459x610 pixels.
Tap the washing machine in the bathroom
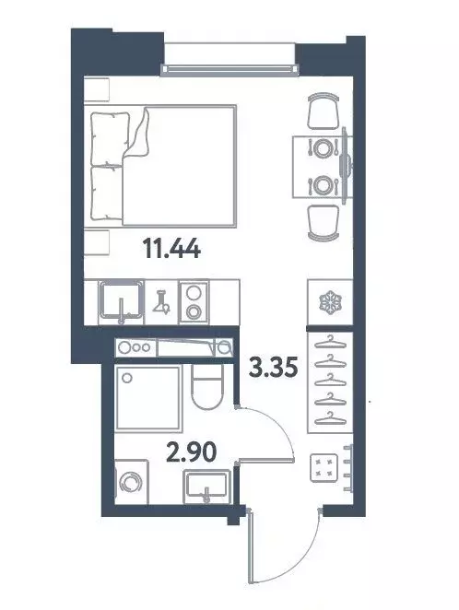point(130,485)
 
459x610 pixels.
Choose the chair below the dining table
point(324,221)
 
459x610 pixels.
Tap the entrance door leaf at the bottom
point(250,557)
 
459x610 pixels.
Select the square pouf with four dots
point(324,469)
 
